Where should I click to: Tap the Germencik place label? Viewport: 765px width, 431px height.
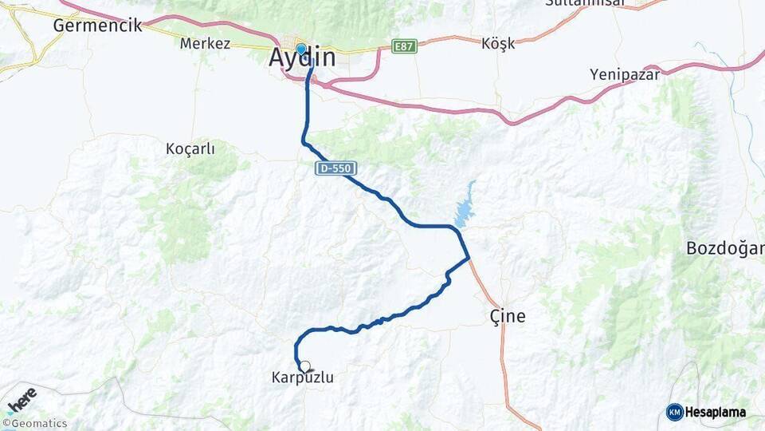pyautogui.click(x=97, y=26)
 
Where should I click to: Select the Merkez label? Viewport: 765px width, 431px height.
pyautogui.click(x=205, y=44)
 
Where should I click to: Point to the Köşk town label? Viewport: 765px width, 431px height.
pyautogui.click(x=498, y=44)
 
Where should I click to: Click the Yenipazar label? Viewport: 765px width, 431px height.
pyautogui.click(x=625, y=74)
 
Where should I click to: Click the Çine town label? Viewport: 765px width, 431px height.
pyautogui.click(x=507, y=316)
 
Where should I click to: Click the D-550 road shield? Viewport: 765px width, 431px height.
pyautogui.click(x=335, y=168)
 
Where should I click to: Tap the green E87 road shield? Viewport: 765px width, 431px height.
pyautogui.click(x=405, y=47)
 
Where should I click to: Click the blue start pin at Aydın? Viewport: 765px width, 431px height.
pyautogui.click(x=301, y=49)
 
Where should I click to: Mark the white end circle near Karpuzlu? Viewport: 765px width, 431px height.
pyautogui.click(x=304, y=366)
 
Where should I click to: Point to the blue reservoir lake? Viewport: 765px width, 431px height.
pyautogui.click(x=463, y=207)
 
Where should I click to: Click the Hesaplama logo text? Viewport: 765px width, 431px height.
pyautogui.click(x=716, y=413)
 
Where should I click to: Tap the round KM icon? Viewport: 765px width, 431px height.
pyautogui.click(x=675, y=413)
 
